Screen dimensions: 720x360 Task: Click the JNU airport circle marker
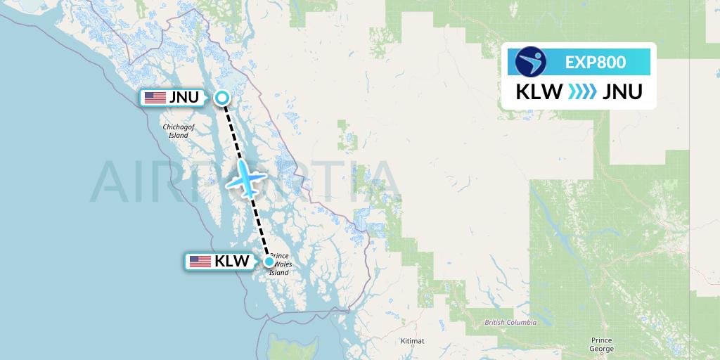[x=221, y=98]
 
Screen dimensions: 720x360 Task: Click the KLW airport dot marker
[x=269, y=262]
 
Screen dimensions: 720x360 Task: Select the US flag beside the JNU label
[x=155, y=98]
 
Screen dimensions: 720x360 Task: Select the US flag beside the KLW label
[x=200, y=262]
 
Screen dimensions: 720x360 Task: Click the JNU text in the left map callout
[x=185, y=98]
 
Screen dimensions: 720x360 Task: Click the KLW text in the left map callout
[x=232, y=262]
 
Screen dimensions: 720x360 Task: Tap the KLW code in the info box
[x=537, y=91]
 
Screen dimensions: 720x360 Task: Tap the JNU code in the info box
[x=622, y=91]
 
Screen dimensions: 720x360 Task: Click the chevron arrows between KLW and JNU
[x=580, y=91]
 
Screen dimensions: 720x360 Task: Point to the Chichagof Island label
[x=176, y=131]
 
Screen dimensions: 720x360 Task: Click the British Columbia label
[x=510, y=322]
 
